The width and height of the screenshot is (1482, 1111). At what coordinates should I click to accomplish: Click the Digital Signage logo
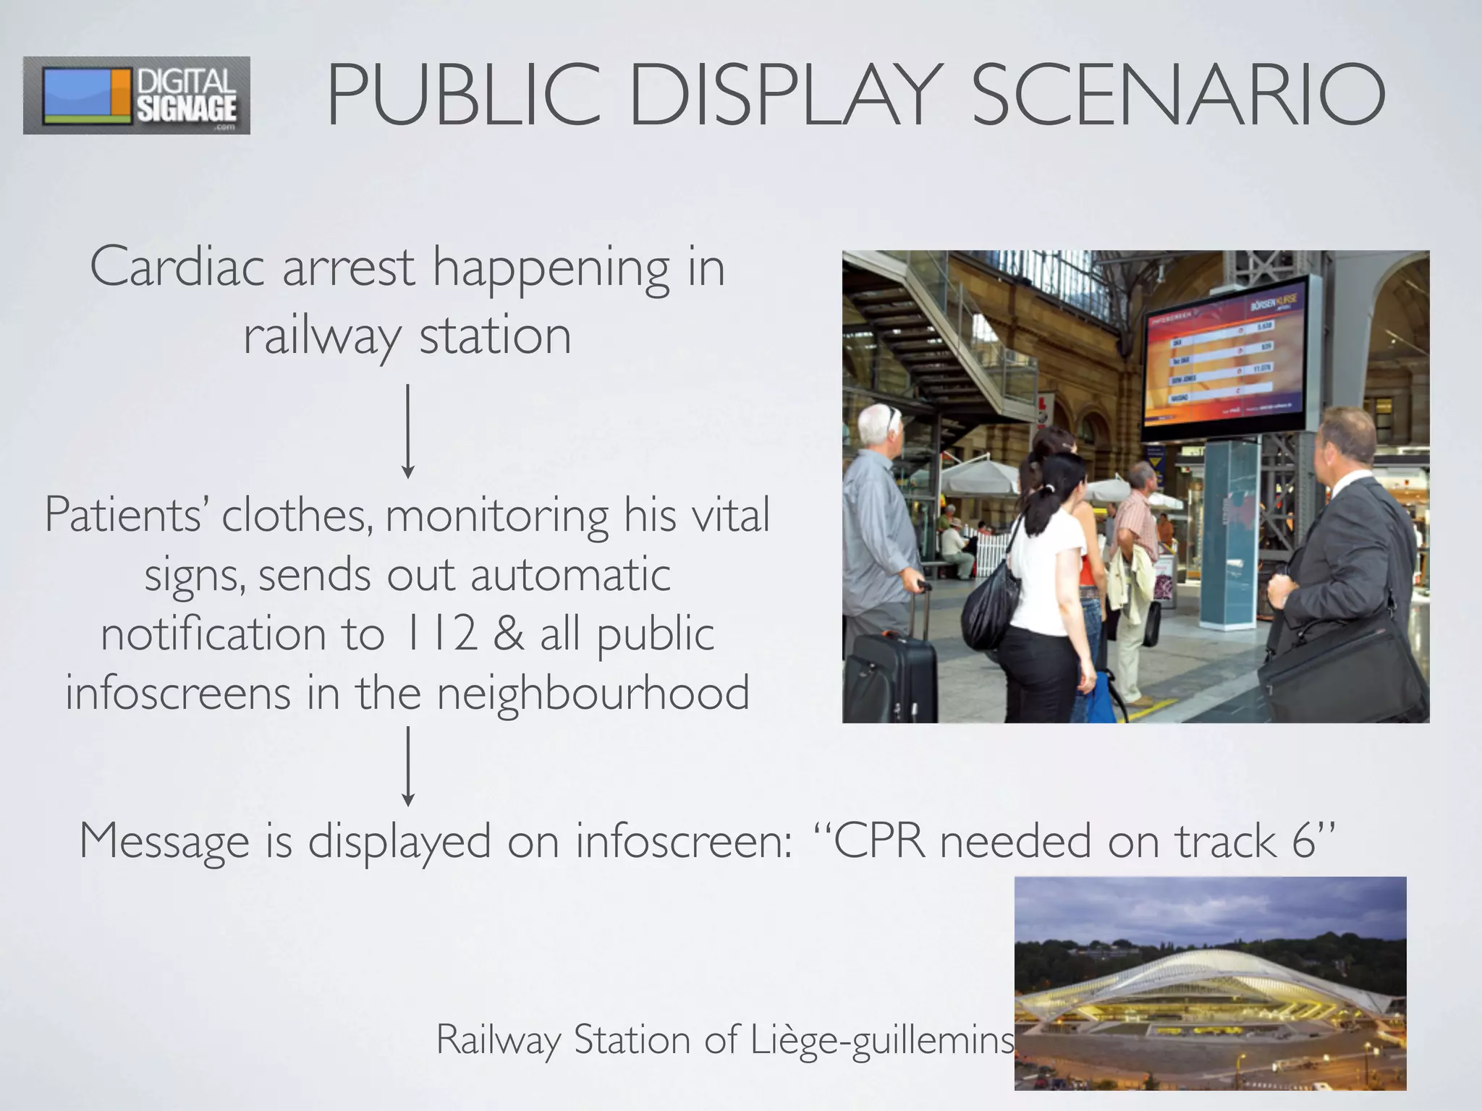pos(136,95)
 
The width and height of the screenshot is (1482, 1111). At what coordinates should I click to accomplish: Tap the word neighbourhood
pos(593,693)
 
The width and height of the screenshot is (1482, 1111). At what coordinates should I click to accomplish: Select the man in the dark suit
pos(1346,535)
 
